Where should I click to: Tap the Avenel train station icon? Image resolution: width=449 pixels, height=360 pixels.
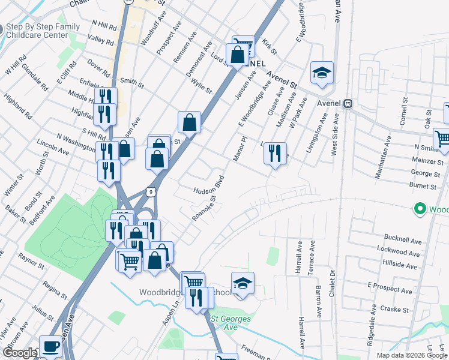tap(348, 103)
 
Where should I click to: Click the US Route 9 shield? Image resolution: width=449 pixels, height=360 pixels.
tap(152, 191)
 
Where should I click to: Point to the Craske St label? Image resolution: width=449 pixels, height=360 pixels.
tap(394, 310)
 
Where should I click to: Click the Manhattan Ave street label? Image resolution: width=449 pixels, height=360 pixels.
tap(385, 158)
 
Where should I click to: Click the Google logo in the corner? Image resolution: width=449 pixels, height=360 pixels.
tap(19, 353)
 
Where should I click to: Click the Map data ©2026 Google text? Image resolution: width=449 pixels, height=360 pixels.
tap(412, 355)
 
